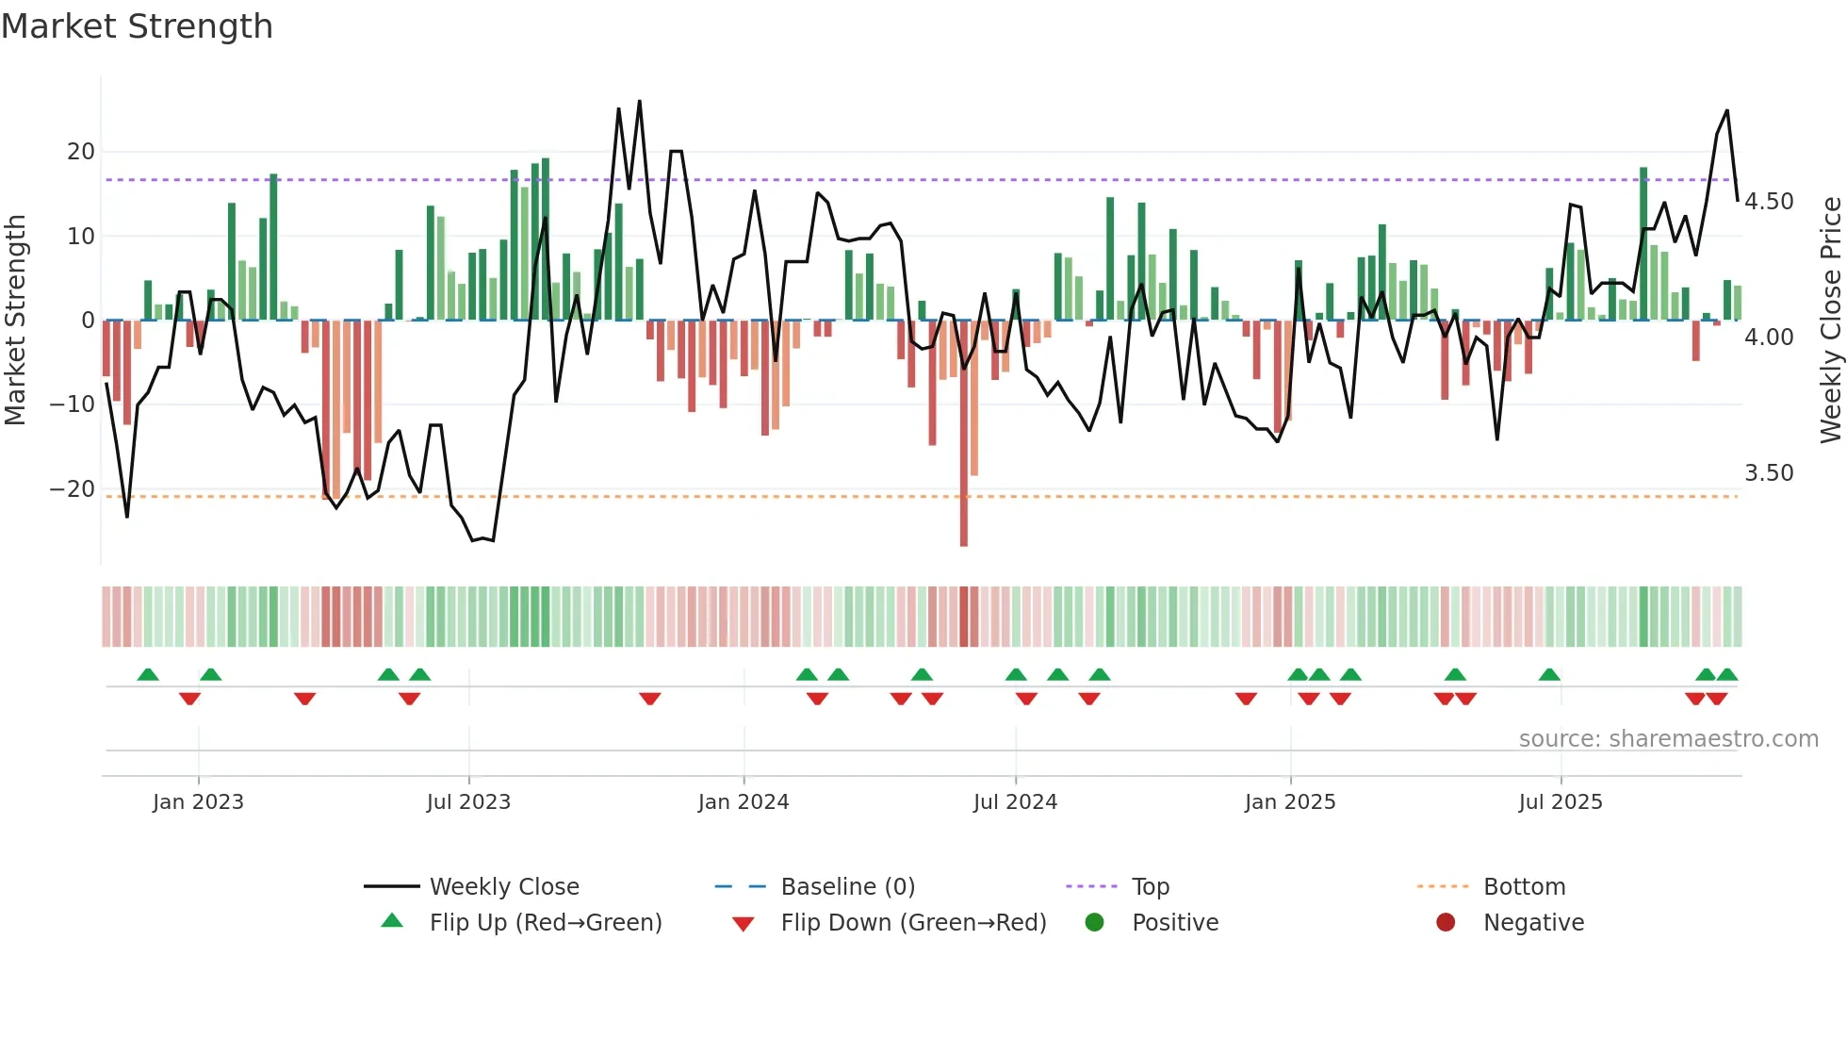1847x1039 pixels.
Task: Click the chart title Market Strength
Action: pyautogui.click(x=137, y=26)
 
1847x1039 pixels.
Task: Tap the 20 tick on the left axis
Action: pyautogui.click(x=81, y=152)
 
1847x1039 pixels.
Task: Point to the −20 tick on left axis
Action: pyautogui.click(x=73, y=488)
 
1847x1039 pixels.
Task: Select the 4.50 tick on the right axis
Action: pyautogui.click(x=1769, y=202)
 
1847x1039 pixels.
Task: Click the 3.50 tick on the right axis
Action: pyautogui.click(x=1769, y=473)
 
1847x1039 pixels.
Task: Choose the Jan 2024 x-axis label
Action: pyautogui.click(x=743, y=802)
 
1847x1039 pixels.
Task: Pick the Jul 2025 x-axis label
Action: pyautogui.click(x=1560, y=802)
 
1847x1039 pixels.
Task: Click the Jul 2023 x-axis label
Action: pyautogui.click(x=468, y=802)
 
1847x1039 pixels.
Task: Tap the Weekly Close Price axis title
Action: pyautogui.click(x=1830, y=321)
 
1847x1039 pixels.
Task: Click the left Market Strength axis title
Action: pyautogui.click(x=15, y=321)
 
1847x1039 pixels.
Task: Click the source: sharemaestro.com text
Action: pyautogui.click(x=1668, y=739)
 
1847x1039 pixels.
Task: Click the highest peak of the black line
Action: pyautogui.click(x=639, y=101)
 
